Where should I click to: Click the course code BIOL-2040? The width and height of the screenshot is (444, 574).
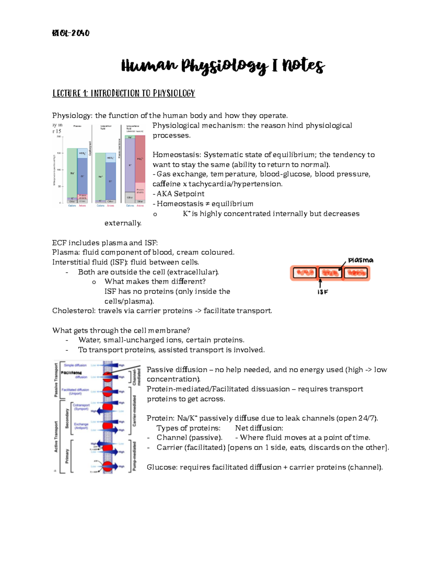[x=71, y=33]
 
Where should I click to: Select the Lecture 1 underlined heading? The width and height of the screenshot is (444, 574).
[x=124, y=93]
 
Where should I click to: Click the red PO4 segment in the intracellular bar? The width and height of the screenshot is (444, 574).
[x=140, y=159]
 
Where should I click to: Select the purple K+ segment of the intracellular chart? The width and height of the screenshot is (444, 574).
[x=130, y=164]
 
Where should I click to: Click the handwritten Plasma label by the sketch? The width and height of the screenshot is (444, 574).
[x=360, y=260]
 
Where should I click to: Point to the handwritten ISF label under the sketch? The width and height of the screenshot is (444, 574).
[x=323, y=292]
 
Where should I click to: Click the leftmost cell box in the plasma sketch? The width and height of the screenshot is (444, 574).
[x=305, y=273]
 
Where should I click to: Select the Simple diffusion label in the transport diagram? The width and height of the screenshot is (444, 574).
[x=75, y=365]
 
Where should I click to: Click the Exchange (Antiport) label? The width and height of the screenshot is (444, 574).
[x=81, y=426]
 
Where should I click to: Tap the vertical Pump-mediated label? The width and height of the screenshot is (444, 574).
[x=134, y=455]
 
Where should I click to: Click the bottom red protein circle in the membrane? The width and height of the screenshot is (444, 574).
[x=108, y=466]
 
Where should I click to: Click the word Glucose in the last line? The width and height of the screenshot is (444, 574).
[x=161, y=467]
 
